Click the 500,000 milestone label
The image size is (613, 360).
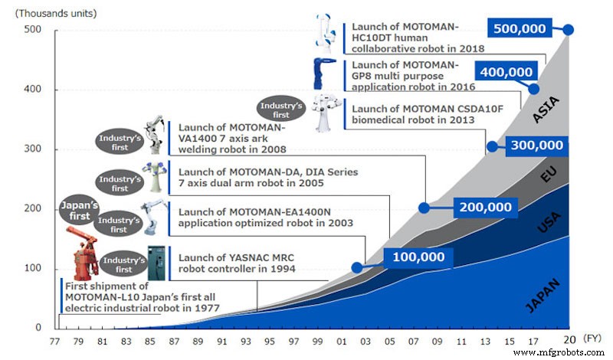[520, 29]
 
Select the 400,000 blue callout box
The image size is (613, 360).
[504, 73]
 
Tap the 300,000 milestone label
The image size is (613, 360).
[538, 146]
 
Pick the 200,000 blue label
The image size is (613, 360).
[484, 207]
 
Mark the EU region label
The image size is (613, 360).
[548, 175]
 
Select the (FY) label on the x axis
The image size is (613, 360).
[592, 337]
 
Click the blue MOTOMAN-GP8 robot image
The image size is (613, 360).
[320, 74]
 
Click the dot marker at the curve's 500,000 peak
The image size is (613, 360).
[569, 29]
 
